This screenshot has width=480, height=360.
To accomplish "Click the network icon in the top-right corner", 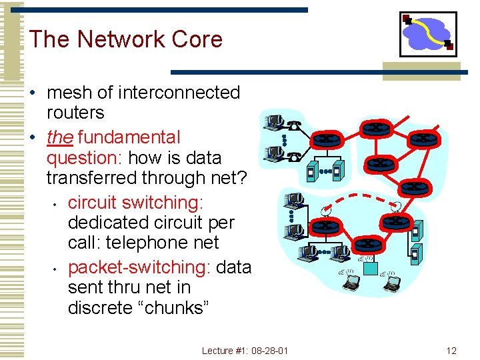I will pyautogui.click(x=428, y=34).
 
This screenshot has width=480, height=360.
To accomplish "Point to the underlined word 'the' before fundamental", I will pyautogui.click(x=60, y=137).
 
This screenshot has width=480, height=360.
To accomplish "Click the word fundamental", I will pyautogui.click(x=129, y=137).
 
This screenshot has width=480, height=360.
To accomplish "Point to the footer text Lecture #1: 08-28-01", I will pyautogui.click(x=245, y=350).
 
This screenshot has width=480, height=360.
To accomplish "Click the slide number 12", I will pyautogui.click(x=451, y=350).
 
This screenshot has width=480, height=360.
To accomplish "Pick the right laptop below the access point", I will pyautogui.click(x=392, y=284).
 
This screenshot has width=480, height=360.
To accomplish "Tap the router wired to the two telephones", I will pyautogui.click(x=327, y=140).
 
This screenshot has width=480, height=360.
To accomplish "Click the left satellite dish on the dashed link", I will pyautogui.click(x=325, y=211).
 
